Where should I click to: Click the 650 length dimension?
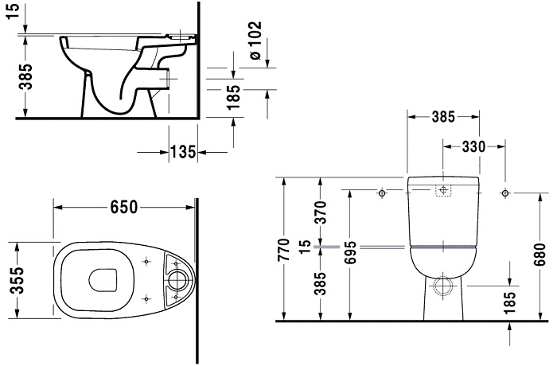pyautogui.click(x=123, y=207)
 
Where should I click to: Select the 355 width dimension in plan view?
pyautogui.click(x=17, y=280)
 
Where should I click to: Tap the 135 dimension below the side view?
pyautogui.click(x=183, y=152)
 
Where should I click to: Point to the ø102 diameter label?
pyautogui.click(x=255, y=40)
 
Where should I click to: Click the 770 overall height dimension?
pyautogui.click(x=283, y=249)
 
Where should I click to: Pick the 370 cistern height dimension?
pyautogui.click(x=321, y=212)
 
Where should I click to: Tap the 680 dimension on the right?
pyautogui.click(x=540, y=255)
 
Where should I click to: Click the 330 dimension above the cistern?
pyautogui.click(x=473, y=146)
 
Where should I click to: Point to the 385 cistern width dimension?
pyautogui.click(x=443, y=116)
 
